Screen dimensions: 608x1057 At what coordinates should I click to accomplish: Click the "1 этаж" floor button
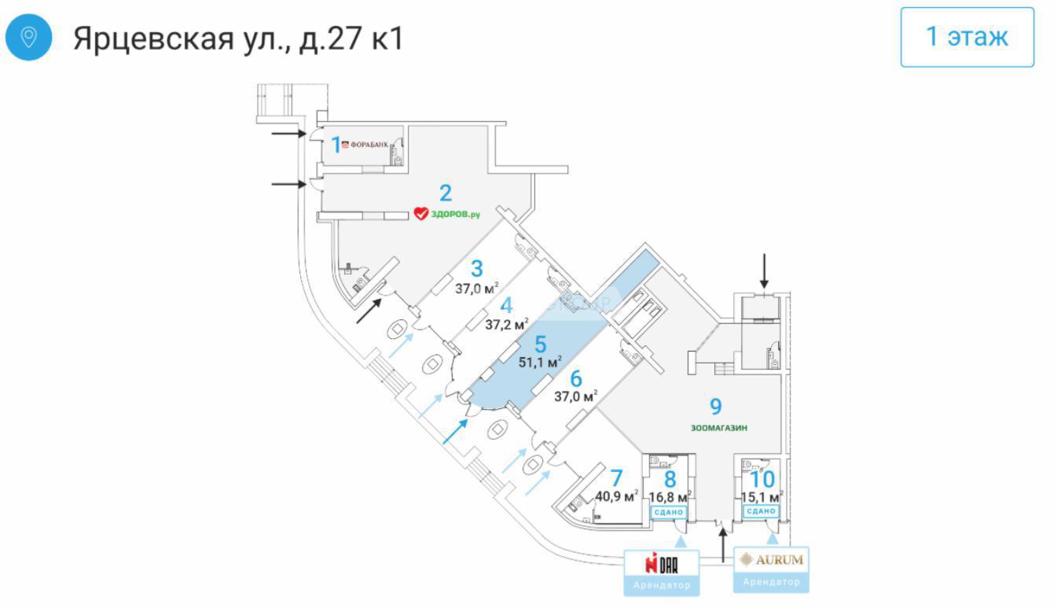(967, 37)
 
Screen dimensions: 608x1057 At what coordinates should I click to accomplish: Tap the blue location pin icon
(29, 37)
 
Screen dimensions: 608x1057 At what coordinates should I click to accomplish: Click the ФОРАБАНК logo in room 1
(365, 145)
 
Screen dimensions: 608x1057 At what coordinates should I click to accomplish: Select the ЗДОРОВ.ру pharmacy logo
(446, 213)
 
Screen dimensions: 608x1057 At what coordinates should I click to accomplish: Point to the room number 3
(476, 268)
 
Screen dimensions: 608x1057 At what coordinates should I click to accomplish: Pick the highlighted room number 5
(539, 344)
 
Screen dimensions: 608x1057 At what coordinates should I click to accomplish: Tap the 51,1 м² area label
(540, 363)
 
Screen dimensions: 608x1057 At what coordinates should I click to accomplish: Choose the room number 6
(576, 378)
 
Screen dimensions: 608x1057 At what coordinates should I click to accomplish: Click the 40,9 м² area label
(616, 496)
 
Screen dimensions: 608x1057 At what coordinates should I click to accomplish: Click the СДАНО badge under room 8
(670, 512)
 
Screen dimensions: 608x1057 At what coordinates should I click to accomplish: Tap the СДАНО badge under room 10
(761, 512)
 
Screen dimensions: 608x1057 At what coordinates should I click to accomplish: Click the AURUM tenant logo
(771, 560)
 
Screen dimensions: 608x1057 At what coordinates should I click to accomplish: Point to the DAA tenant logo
(661, 563)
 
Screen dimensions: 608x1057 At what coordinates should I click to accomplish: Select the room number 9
(715, 406)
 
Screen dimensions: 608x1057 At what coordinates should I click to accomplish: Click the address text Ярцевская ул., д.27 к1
(238, 38)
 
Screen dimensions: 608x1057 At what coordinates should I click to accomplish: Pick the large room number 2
(446, 192)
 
